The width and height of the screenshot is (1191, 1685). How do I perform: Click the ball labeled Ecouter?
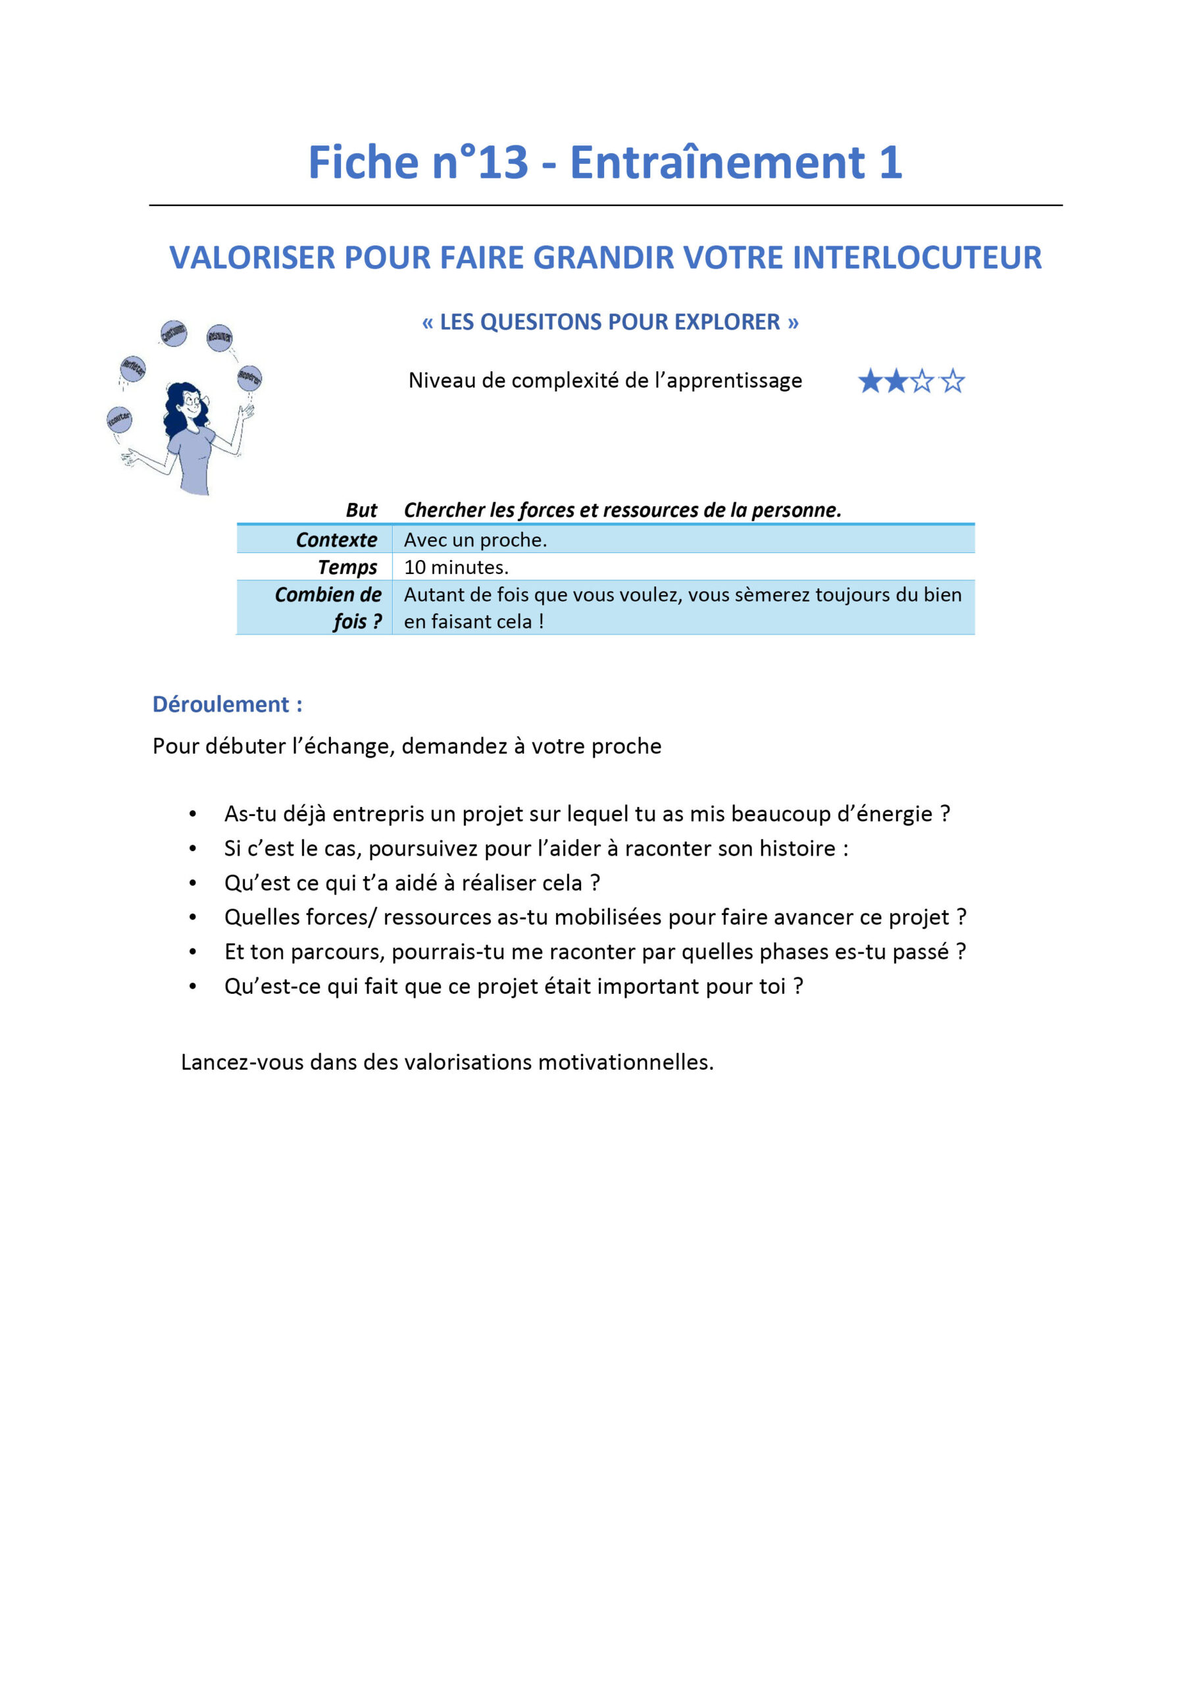tap(119, 419)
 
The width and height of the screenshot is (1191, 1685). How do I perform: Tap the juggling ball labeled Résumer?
tap(219, 337)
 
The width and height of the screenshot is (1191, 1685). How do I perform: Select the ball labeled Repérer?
tap(249, 377)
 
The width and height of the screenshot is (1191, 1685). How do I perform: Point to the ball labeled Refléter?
tap(133, 368)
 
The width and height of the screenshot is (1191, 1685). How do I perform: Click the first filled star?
tap(871, 381)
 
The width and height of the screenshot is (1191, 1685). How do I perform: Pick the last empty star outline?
tap(953, 381)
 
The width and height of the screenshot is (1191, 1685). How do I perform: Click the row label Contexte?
tap(336, 540)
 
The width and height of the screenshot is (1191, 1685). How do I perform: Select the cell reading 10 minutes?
tap(456, 567)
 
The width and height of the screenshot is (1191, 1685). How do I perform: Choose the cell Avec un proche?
tap(475, 540)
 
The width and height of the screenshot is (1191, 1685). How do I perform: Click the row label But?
tap(361, 510)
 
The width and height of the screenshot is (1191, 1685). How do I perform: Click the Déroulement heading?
tap(227, 704)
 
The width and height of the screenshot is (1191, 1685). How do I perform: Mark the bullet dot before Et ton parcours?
tap(192, 952)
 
